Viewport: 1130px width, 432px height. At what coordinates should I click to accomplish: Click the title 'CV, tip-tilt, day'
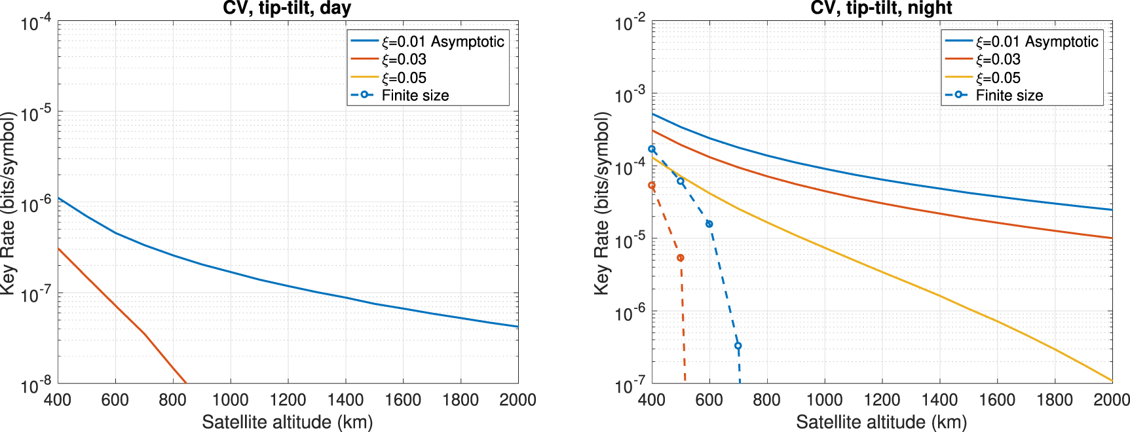coord(287,9)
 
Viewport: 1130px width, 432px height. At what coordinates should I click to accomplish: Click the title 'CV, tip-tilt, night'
coord(881,9)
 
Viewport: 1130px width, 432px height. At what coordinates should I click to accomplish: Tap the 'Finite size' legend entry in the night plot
coord(1009,96)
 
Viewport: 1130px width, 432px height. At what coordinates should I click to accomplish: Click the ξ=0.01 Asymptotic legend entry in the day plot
coord(443,42)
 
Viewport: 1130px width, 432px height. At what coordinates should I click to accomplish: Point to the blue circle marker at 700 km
coord(738,346)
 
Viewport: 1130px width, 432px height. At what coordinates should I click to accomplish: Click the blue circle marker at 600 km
coord(709,224)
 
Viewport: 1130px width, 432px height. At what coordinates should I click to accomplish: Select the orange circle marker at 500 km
coord(681,258)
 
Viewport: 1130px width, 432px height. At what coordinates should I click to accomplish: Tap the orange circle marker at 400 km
coord(652,185)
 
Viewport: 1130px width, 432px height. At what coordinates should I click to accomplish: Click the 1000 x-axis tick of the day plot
coord(230,400)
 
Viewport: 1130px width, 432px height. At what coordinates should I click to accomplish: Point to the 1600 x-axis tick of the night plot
coord(997,400)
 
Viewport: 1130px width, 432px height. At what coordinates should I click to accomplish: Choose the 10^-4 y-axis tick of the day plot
coord(36,24)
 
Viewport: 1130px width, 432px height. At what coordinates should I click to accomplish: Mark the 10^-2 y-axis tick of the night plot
coord(630,24)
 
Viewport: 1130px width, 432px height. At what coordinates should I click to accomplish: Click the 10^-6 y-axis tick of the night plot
coord(630,314)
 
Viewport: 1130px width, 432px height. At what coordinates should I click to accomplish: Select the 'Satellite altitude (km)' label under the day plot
coord(287,422)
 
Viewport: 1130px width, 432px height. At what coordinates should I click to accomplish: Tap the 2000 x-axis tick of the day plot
coord(518,400)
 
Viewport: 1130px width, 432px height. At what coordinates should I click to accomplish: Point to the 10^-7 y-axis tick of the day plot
coord(36,295)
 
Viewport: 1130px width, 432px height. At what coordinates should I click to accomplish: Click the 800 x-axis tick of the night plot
coord(766,400)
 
